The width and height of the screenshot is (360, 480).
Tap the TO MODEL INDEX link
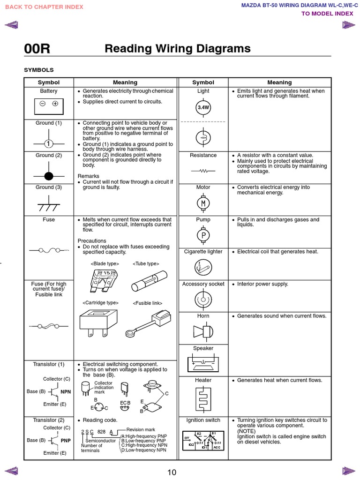[327, 14]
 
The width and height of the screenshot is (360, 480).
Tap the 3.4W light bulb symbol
[203, 107]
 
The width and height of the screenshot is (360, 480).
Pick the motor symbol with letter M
[203, 203]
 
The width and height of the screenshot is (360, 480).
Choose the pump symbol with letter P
[203, 235]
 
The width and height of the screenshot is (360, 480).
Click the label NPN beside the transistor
[66, 392]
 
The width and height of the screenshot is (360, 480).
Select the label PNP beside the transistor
[66, 441]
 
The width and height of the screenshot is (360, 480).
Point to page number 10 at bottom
[172, 472]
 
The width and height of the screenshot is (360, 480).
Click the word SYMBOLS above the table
[39, 70]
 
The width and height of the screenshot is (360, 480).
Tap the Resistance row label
[203, 155]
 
